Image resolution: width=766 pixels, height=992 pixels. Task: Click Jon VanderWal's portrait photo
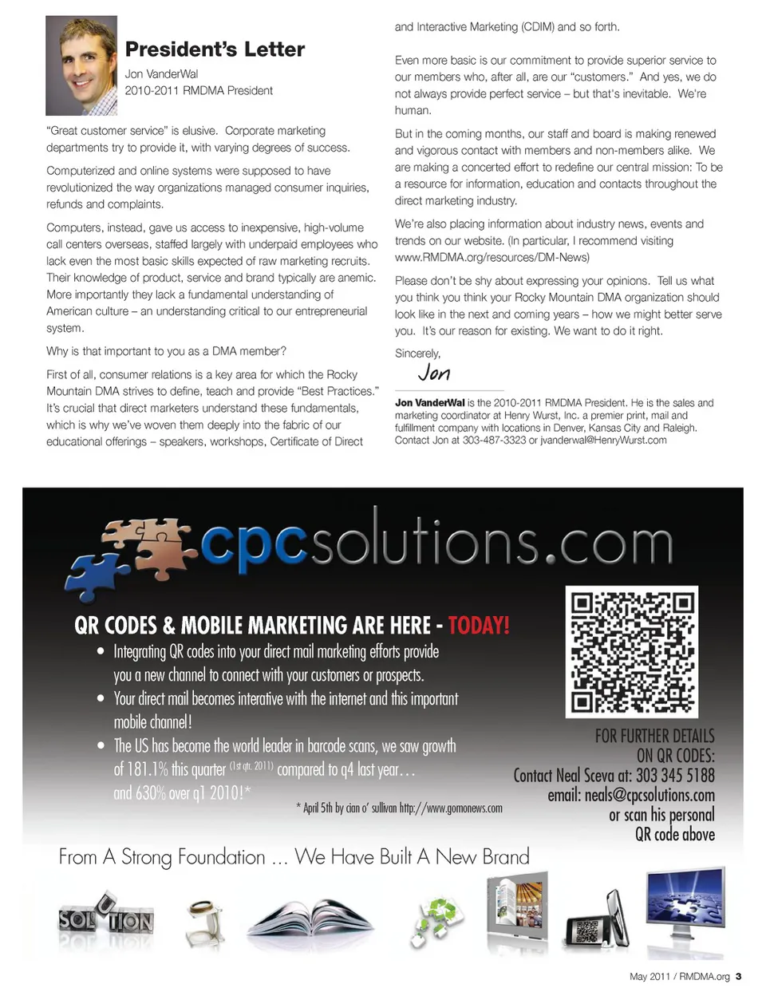pyautogui.click(x=81, y=66)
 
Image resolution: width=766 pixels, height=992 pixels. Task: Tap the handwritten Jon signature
pyautogui.click(x=434, y=373)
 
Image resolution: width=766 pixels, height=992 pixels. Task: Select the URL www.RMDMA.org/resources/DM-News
pyautogui.click(x=492, y=258)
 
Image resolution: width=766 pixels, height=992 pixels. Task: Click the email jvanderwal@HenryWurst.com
pyautogui.click(x=603, y=440)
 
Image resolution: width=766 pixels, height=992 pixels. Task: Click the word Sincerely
pyautogui.click(x=417, y=353)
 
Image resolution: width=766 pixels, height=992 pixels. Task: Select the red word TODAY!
pyautogui.click(x=478, y=625)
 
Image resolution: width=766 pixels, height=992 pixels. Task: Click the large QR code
pyautogui.click(x=632, y=652)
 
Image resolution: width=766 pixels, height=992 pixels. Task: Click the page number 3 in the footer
pyautogui.click(x=738, y=976)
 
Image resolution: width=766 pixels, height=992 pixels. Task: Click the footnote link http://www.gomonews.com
pyautogui.click(x=451, y=808)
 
